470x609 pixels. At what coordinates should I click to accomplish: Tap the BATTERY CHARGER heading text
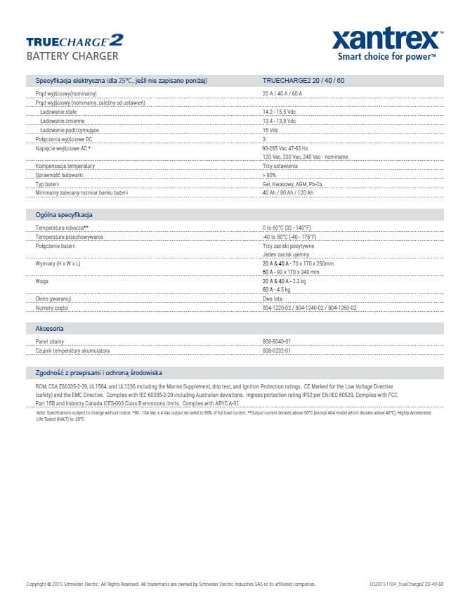coord(72,56)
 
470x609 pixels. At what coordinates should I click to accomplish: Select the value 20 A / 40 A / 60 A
coord(282,93)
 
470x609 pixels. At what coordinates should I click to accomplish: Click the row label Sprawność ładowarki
coord(60,174)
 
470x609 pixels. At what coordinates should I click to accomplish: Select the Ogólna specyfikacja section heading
coord(64,215)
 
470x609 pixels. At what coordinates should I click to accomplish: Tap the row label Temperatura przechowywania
coord(69,237)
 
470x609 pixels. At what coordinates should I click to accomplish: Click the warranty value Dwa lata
coord(273,299)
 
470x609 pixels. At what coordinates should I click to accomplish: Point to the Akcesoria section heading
coord(50,328)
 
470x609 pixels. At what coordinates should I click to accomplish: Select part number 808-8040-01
coord(277,341)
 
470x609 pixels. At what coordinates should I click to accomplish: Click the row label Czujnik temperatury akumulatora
coord(72,351)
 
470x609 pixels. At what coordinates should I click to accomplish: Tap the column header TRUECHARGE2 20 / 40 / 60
coord(303,81)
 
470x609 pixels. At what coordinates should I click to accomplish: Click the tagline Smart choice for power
coord(387,56)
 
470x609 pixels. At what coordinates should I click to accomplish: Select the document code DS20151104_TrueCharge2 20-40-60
coord(406,584)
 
